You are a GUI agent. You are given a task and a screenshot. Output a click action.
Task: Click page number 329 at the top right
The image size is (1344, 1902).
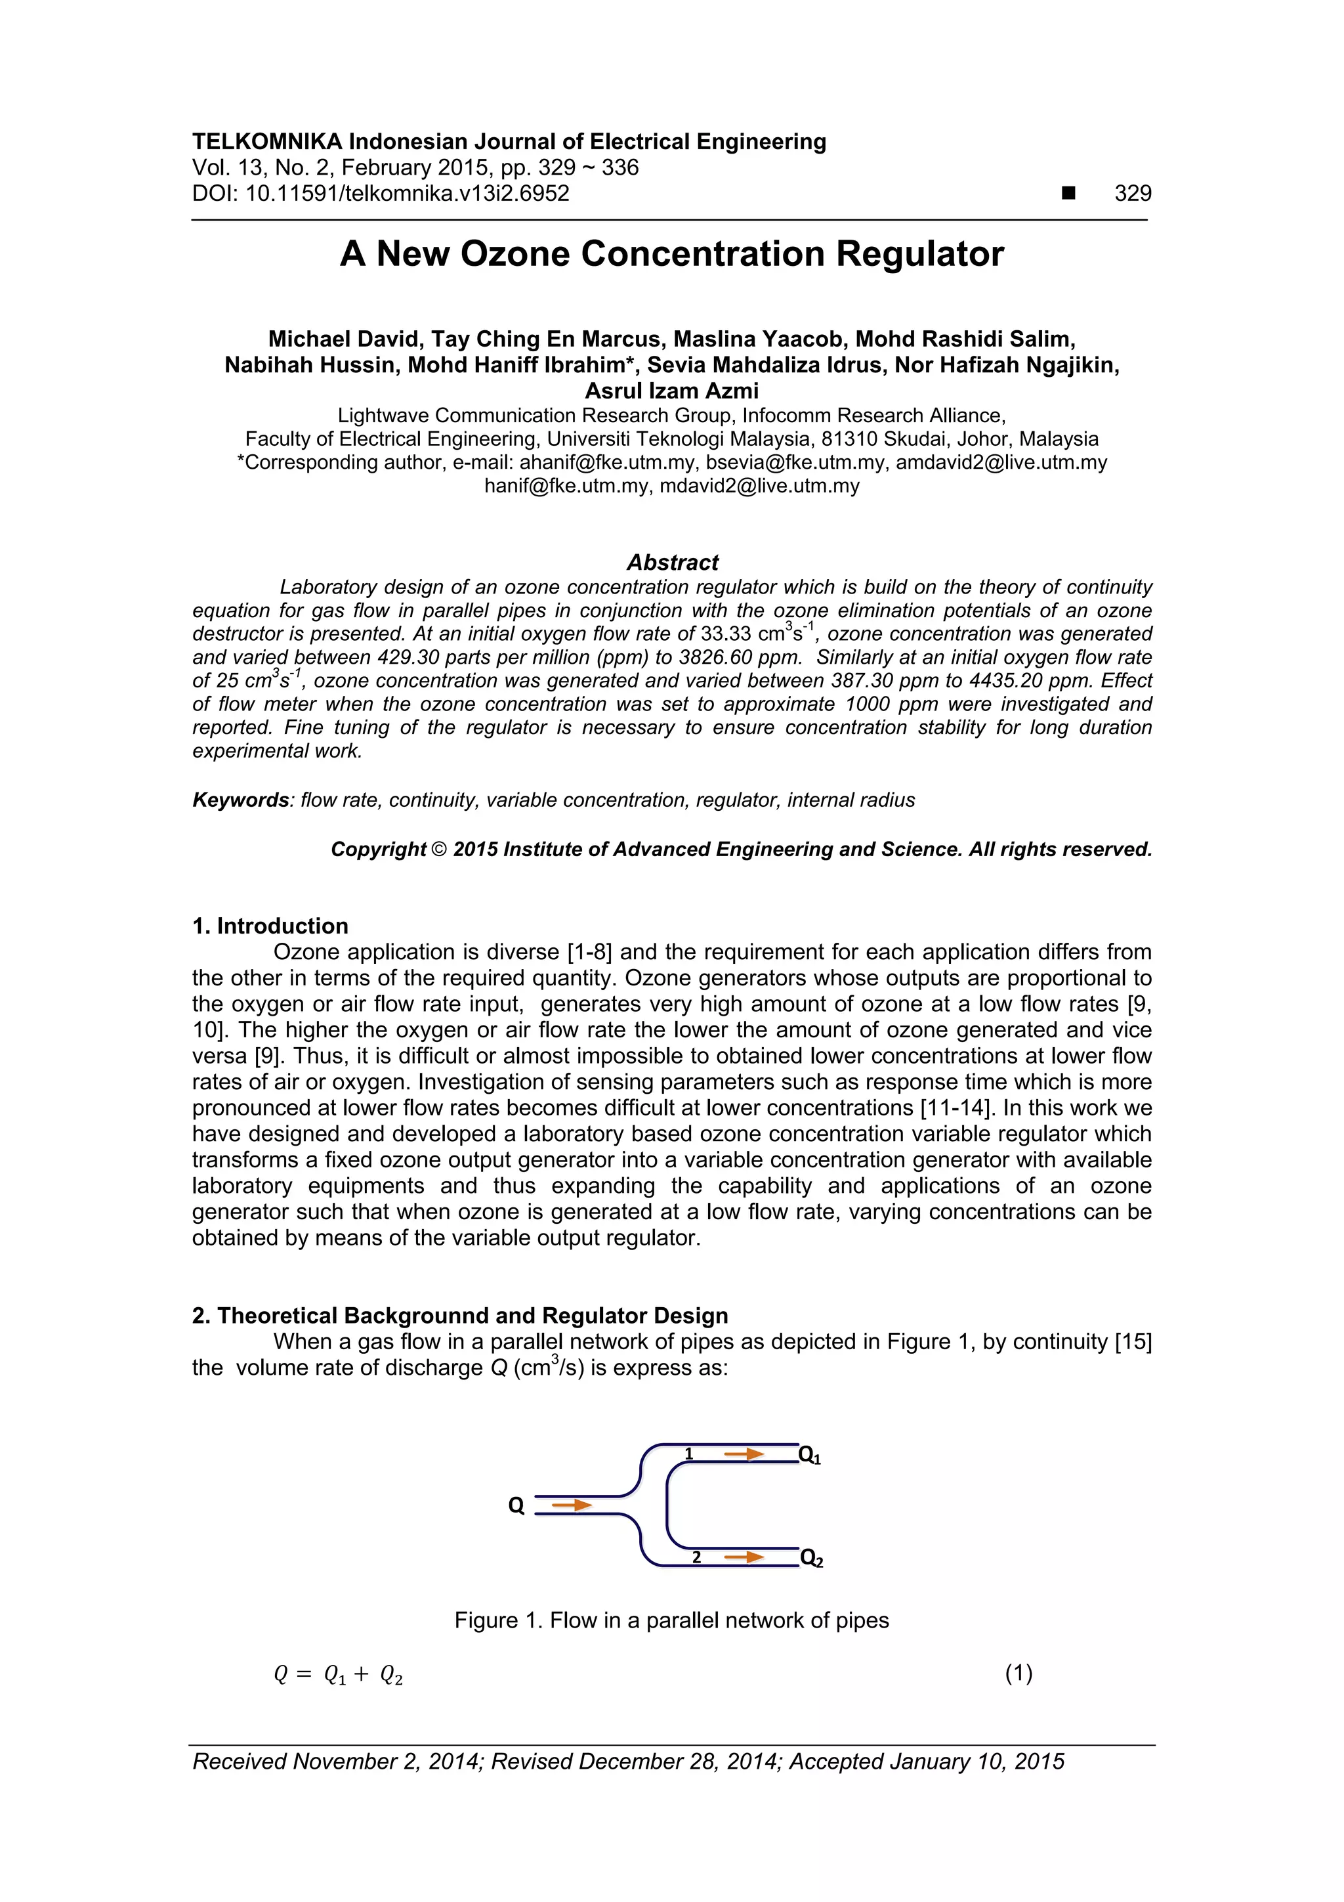point(1132,194)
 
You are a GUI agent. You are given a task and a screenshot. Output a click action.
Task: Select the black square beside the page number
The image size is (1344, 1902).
point(1068,194)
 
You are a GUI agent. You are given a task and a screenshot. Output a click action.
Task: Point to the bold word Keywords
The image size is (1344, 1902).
point(240,800)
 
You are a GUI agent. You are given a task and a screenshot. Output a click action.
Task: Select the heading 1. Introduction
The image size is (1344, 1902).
point(270,926)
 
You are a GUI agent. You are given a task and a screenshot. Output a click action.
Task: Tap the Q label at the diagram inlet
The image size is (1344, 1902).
point(516,1506)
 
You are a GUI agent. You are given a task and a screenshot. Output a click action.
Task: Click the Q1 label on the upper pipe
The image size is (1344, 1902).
point(809,1455)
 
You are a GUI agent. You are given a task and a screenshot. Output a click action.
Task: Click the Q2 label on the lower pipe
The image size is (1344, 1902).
point(810,1559)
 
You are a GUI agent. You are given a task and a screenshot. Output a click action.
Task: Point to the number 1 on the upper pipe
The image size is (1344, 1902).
point(688,1454)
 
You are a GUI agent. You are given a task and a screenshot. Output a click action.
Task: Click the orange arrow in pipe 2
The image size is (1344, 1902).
point(744,1557)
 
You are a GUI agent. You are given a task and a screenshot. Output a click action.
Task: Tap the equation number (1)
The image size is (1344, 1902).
point(1018,1674)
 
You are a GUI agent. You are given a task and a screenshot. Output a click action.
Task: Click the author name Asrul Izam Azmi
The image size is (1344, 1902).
point(671,391)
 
